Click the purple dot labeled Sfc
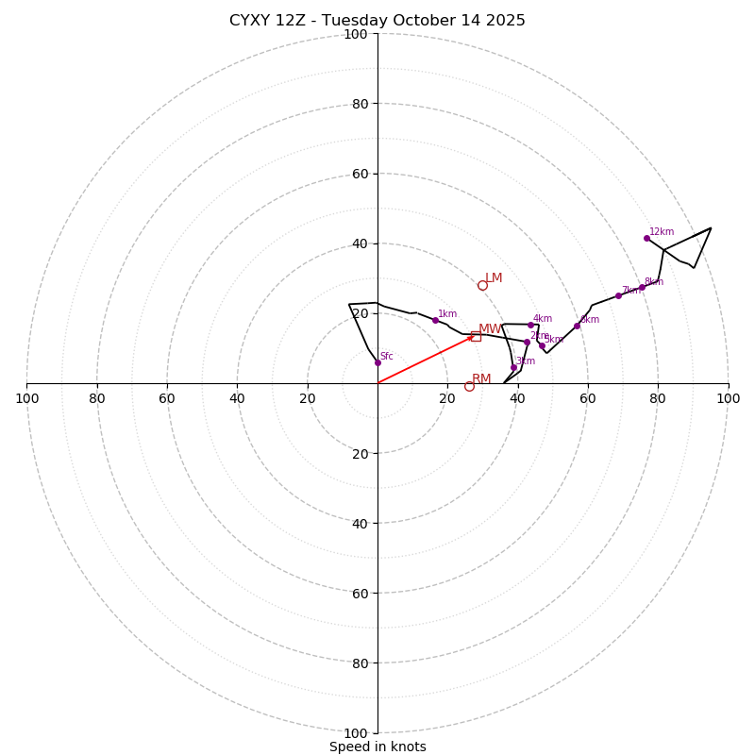coord(377,362)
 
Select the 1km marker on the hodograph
coord(435,320)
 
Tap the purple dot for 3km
coord(513,367)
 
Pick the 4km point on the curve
coord(530,325)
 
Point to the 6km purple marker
coord(577,326)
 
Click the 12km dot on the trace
coord(646,238)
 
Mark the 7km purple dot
coord(618,295)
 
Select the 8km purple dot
coord(642,287)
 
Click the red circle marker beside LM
coord(482,285)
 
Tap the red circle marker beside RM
coord(469,386)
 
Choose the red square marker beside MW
coord(476,336)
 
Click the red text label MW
coord(490,329)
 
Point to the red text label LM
coord(494,278)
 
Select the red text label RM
coord(481,379)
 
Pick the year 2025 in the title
coord(505,21)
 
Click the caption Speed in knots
coord(377,747)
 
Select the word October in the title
coord(418,21)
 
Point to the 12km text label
coord(662,232)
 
